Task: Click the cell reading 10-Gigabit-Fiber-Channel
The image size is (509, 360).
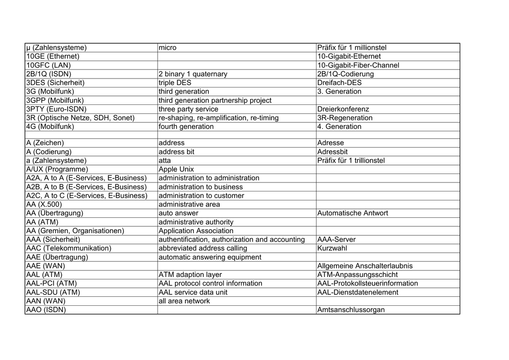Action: [x=358, y=65]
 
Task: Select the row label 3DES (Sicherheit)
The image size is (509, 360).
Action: [x=55, y=83]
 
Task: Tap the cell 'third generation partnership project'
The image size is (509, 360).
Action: [x=215, y=100]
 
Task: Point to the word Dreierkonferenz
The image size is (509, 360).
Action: [x=343, y=109]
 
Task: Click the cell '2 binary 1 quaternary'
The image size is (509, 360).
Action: [x=193, y=74]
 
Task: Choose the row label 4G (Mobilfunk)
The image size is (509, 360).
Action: [x=50, y=127]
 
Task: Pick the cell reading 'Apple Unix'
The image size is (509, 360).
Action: [x=176, y=169]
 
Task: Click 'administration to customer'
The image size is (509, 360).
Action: [x=201, y=196]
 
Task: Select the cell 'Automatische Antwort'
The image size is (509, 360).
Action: [x=353, y=213]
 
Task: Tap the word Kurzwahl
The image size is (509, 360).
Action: [x=332, y=248]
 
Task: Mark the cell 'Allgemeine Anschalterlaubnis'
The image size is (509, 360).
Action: [x=365, y=266]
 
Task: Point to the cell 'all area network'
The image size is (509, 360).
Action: [x=184, y=301]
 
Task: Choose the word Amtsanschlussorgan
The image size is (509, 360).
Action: [x=351, y=310]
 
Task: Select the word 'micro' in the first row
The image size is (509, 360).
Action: [x=168, y=48]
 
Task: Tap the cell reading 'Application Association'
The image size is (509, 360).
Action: [x=196, y=231]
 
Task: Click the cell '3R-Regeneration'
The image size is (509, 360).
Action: [x=344, y=118]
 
